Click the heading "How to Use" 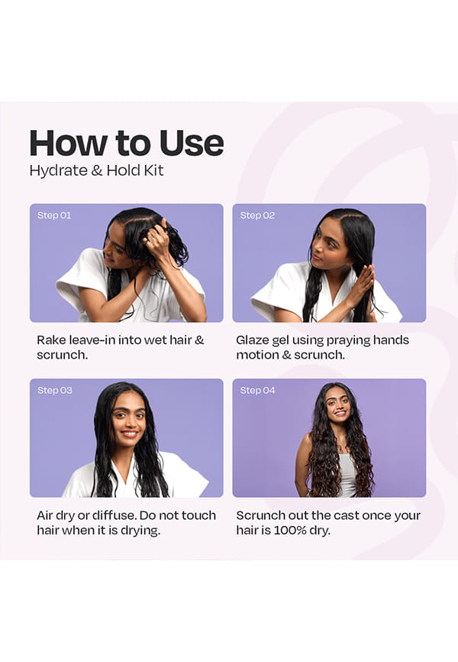tap(127, 143)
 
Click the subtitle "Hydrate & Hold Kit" tap(97, 170)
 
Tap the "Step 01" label tap(54, 216)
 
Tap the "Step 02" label tap(257, 216)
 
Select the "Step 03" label tap(55, 390)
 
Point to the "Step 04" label tap(257, 390)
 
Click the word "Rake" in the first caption tap(51, 340)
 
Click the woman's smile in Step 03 tap(129, 433)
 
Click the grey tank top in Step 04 tap(347, 475)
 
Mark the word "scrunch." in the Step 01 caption tap(62, 355)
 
